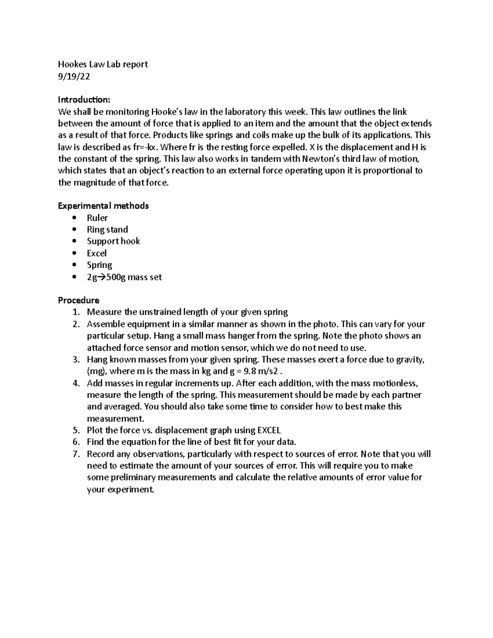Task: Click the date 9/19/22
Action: click(x=74, y=76)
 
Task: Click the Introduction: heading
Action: click(x=84, y=100)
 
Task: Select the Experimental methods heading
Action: click(x=103, y=206)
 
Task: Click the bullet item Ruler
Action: click(x=97, y=218)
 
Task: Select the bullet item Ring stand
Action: click(x=107, y=230)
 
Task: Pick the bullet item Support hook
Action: click(x=113, y=241)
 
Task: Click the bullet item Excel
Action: click(x=97, y=253)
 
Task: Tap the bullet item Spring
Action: click(x=99, y=265)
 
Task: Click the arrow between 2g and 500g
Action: click(x=102, y=277)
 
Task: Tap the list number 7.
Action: click(x=76, y=454)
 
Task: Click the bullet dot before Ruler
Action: click(x=74, y=218)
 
